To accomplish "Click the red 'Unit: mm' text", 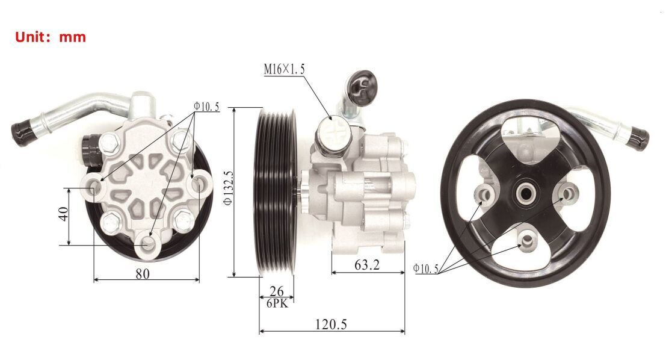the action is click(x=51, y=37).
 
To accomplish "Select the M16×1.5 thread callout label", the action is click(x=284, y=69).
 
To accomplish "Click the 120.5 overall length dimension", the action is click(x=331, y=324).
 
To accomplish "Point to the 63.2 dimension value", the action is click(x=367, y=265).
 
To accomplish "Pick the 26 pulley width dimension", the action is click(x=277, y=291).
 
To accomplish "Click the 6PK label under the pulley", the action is click(x=277, y=303).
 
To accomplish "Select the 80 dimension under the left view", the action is click(x=143, y=274).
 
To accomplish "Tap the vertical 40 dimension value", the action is click(x=63, y=213).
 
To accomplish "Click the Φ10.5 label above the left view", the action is click(x=206, y=107).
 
